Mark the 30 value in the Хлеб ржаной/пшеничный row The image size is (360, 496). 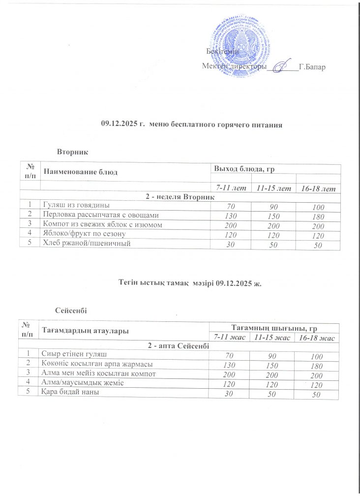(229, 244)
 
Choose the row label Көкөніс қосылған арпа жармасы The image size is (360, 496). (97, 364)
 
